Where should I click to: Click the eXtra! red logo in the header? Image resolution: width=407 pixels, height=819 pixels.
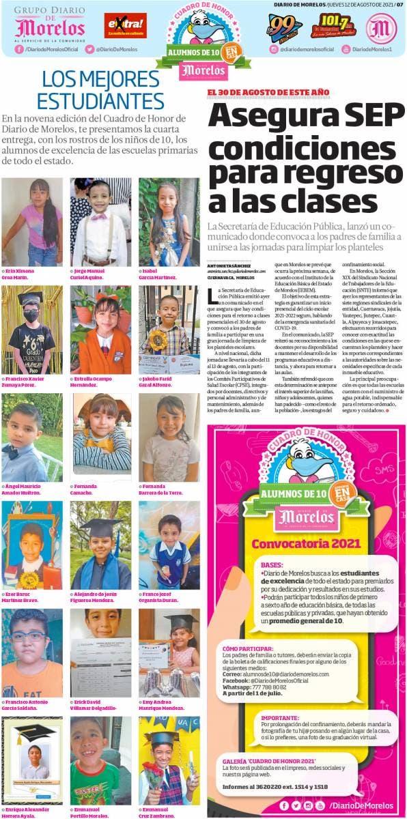pos(125,25)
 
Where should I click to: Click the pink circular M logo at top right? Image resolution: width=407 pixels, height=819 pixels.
pos(381,27)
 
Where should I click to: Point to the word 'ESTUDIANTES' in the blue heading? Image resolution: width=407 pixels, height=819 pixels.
pos(101,101)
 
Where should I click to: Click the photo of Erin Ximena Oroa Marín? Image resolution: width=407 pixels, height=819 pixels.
pos(31,222)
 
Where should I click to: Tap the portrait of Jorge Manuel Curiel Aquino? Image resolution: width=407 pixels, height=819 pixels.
pos(100,222)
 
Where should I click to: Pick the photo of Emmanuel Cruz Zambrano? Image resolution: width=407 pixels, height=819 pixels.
pos(169,760)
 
